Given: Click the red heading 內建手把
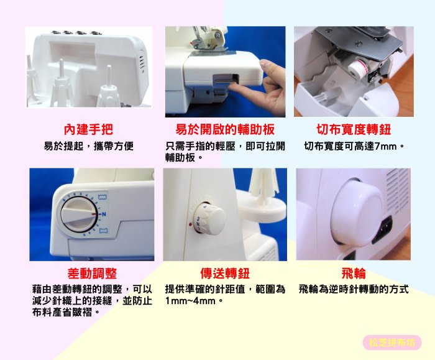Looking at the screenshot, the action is [88, 129].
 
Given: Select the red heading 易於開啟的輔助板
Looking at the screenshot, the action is [225, 129].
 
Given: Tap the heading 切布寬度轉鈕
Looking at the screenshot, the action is [354, 129].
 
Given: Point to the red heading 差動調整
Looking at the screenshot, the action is [92, 274].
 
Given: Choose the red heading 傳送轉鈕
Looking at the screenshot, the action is [225, 274].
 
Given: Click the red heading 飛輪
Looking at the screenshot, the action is [354, 274].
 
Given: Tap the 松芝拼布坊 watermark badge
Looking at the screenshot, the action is [392, 343].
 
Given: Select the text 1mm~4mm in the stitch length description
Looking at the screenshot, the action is [190, 300].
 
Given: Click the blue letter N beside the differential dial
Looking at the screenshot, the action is [104, 214].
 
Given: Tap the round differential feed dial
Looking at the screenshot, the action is [78, 215].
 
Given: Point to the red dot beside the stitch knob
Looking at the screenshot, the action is [190, 223].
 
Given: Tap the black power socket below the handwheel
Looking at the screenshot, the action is [383, 229].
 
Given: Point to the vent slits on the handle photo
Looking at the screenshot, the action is [142, 62].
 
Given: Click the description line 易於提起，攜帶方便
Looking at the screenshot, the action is [88, 146].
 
